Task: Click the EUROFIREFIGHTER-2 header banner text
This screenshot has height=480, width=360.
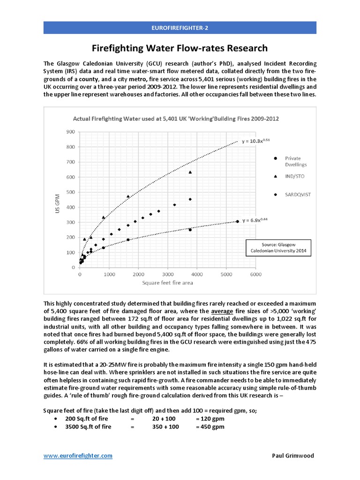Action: [x=180, y=28]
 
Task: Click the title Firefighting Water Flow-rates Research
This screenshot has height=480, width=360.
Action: [x=180, y=48]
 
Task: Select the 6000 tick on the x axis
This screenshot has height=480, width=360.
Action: [x=255, y=274]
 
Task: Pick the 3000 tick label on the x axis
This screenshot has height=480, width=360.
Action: [x=167, y=274]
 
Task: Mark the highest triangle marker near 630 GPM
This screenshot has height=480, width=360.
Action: [x=190, y=172]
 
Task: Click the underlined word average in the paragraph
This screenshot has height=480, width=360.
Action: [x=223, y=312]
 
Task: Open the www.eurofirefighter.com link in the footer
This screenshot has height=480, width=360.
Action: [x=78, y=456]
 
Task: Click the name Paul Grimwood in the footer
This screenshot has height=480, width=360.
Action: [x=293, y=456]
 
